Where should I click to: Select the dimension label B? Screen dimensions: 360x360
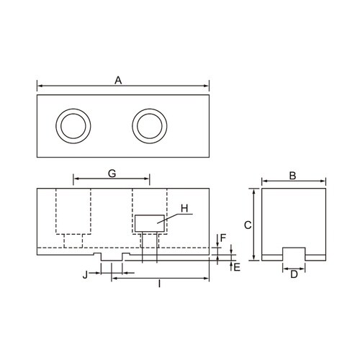coord(292,175)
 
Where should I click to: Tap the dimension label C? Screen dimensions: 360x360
coord(247,225)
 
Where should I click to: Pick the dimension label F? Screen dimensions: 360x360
coord(223,237)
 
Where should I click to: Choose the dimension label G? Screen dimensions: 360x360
coord(112,174)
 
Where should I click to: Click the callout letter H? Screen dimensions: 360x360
coord(184,208)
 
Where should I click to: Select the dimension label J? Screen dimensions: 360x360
coord(86,274)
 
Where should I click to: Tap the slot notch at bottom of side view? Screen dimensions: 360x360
coord(292,253)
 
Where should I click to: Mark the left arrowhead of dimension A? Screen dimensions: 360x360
coord(39,87)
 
